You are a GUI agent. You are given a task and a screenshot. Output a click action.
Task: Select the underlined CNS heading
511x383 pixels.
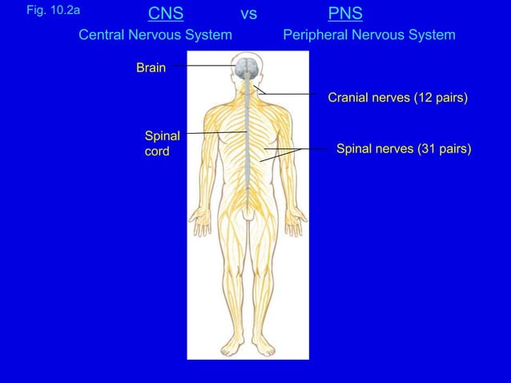click(x=166, y=14)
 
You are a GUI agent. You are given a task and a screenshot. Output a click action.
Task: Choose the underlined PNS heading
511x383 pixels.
click(x=345, y=14)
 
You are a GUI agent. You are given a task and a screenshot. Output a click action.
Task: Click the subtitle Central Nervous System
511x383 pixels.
click(x=155, y=35)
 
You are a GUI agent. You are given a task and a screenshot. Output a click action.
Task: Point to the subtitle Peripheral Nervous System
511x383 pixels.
click(x=369, y=35)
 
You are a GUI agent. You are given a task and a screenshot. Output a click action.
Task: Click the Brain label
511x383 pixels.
click(x=151, y=68)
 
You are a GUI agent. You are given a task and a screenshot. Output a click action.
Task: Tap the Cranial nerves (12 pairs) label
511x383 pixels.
click(x=397, y=98)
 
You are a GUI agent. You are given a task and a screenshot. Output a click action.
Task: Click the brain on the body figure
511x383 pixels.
click(x=247, y=67)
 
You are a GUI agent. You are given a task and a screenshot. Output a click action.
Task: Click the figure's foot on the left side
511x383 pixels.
click(x=233, y=347)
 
